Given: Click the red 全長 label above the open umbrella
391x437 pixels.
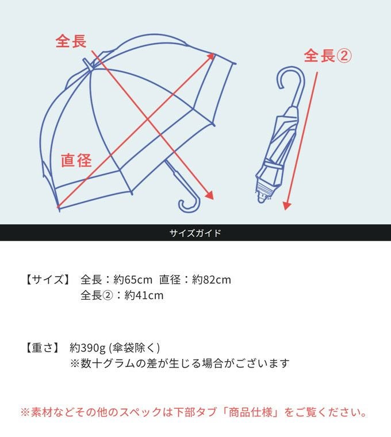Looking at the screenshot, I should click(x=71, y=41).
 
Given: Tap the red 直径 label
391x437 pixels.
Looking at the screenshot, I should click(x=76, y=160).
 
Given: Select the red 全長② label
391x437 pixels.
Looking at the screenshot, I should click(x=327, y=56).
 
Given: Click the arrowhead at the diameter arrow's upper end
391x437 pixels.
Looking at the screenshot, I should click(x=211, y=56).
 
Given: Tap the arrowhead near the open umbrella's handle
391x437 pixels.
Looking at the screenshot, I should click(x=210, y=195).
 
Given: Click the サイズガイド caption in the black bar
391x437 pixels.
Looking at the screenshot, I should click(x=195, y=233).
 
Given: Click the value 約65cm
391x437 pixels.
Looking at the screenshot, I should click(x=133, y=280).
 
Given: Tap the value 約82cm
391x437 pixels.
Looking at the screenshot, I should click(x=211, y=280).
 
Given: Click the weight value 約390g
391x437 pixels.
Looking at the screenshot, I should click(x=87, y=347).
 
